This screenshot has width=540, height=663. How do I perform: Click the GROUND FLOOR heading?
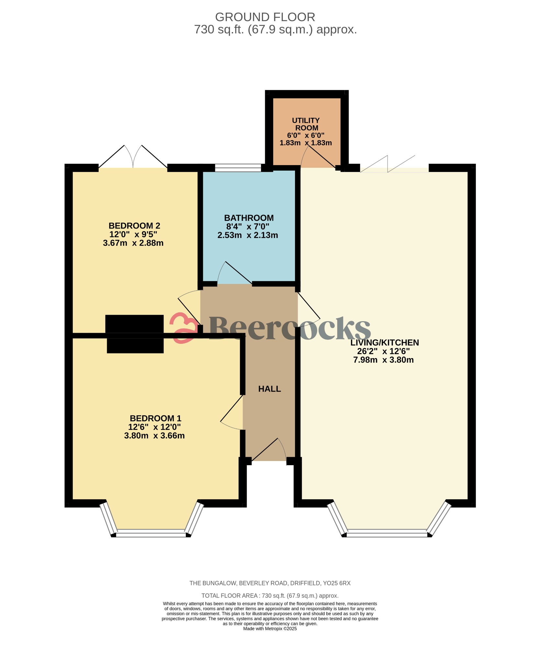coord(265,17)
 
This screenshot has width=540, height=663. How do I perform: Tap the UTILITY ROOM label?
coord(306,124)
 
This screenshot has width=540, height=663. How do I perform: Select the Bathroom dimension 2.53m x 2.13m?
coord(247,235)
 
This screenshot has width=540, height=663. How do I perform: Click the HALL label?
coord(269,389)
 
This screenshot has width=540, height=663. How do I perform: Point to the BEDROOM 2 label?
coord(134,226)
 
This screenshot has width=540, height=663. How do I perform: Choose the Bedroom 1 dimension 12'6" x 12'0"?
coord(154,427)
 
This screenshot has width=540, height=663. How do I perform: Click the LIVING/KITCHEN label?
coord(384,343)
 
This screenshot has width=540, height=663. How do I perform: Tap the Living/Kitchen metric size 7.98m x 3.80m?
coord(383,360)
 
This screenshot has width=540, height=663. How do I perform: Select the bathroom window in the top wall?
coord(238,168)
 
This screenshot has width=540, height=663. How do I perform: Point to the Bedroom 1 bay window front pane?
coord(151,533)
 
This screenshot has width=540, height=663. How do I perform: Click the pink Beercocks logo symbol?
coord(183,328)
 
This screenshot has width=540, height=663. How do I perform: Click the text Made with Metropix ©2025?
coord(270,629)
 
